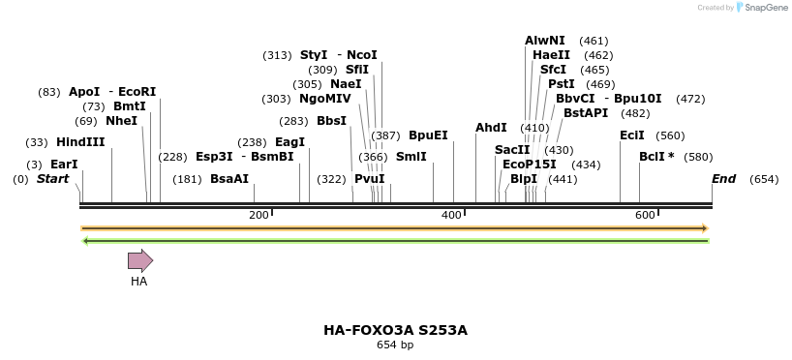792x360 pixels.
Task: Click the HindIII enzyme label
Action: point(80,142)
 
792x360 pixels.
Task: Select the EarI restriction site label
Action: point(64,165)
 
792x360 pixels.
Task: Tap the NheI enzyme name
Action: point(121,121)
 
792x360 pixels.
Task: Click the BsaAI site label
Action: point(229,179)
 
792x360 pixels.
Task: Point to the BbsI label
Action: point(331,121)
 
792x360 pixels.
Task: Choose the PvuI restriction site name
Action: point(369,179)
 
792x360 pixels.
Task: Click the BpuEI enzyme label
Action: point(428,135)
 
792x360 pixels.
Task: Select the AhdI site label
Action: point(491,128)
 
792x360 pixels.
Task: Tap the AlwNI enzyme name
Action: point(545,41)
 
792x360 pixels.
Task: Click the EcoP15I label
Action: point(530,165)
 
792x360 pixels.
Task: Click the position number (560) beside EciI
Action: point(670,135)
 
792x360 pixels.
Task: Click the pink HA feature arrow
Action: point(140,259)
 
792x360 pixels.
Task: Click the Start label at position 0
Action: point(52,179)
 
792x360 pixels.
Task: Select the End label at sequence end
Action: point(723,179)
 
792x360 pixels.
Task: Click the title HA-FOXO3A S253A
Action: point(395,330)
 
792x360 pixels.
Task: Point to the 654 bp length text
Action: point(395,345)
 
